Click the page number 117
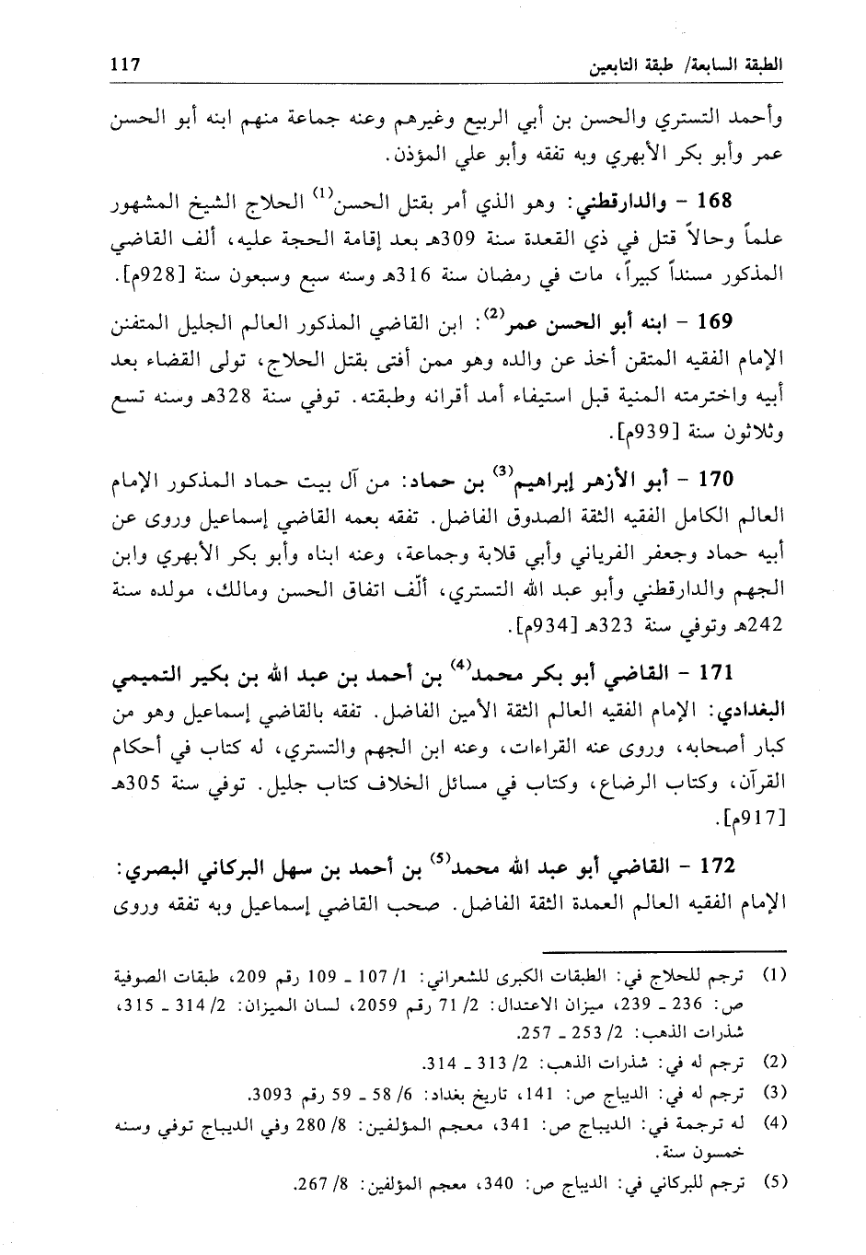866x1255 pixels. tap(123, 65)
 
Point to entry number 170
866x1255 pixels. tap(715, 479)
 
